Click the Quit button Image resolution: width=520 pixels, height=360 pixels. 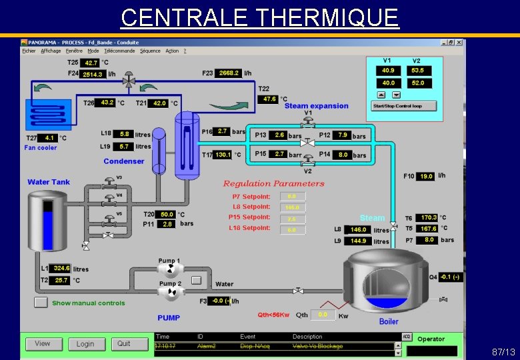[x=124, y=344]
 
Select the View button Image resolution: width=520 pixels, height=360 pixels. [x=43, y=344]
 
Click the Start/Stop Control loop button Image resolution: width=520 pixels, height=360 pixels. [x=404, y=106]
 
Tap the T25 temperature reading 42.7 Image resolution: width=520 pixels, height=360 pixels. [x=91, y=63]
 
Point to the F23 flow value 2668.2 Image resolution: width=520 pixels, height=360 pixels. [x=228, y=73]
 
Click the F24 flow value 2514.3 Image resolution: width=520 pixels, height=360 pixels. [x=93, y=75]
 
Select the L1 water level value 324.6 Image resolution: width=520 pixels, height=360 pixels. [x=61, y=268]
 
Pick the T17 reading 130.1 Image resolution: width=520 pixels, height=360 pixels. [x=223, y=155]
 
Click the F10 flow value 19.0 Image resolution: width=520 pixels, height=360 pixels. [x=426, y=176]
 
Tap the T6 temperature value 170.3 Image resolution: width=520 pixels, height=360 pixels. [x=429, y=217]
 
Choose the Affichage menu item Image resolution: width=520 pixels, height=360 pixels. [x=51, y=51]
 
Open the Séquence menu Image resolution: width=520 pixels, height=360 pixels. [x=150, y=51]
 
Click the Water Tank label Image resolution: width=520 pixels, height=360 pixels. [x=49, y=182]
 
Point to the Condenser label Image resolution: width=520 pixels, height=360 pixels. [x=124, y=161]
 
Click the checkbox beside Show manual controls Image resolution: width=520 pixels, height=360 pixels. [x=41, y=303]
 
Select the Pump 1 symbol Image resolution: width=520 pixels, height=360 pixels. [x=169, y=269]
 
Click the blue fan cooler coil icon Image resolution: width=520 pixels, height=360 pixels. [x=48, y=114]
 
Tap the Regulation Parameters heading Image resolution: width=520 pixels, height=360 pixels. [x=273, y=183]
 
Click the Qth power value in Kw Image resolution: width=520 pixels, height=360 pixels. [x=324, y=314]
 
